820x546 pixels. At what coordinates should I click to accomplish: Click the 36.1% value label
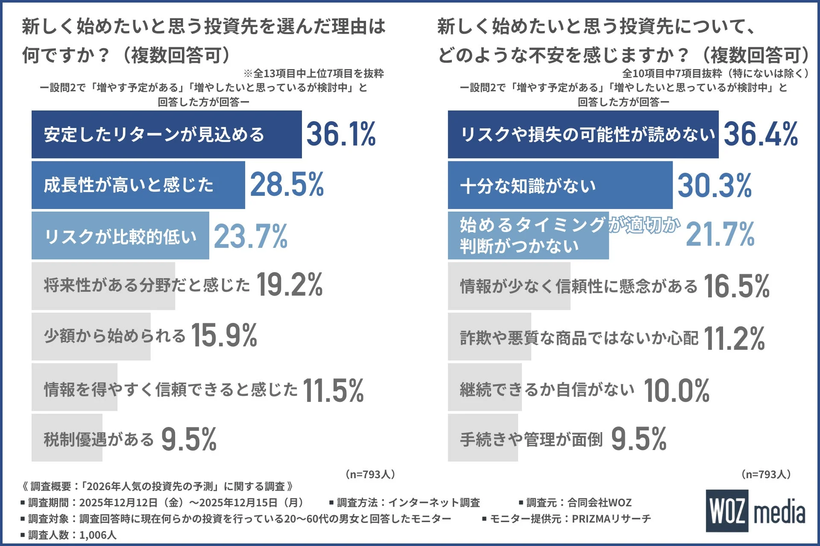[x=341, y=134]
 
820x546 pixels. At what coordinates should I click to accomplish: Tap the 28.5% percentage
[x=287, y=185]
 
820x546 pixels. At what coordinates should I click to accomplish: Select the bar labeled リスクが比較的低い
[x=120, y=235]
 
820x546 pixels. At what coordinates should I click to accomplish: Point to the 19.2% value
[x=290, y=285]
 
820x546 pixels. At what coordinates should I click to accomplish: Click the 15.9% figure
[x=224, y=336]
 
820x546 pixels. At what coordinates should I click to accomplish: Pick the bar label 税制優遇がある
[x=99, y=439]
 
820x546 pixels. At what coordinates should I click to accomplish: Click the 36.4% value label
[x=760, y=134]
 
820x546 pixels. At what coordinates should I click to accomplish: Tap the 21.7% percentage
[x=720, y=234]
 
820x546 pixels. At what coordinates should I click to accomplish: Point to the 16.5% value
[x=736, y=286]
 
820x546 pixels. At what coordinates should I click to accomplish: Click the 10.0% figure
[x=676, y=390]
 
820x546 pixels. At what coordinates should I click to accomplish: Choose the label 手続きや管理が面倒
[x=531, y=439]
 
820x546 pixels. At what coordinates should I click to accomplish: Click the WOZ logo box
[x=727, y=511]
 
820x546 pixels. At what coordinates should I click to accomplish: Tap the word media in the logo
[x=779, y=512]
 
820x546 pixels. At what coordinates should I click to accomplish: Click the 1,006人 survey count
[x=97, y=535]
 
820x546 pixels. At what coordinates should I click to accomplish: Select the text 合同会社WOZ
[x=599, y=502]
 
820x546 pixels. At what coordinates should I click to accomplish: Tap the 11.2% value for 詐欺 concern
[x=734, y=339]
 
